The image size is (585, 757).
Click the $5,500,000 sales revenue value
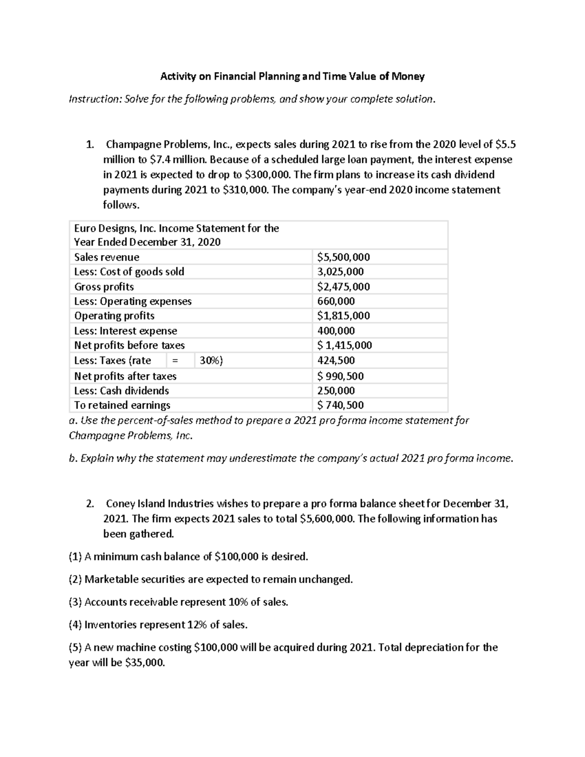343,257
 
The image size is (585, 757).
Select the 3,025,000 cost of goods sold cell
340,272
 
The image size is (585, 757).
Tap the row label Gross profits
104,287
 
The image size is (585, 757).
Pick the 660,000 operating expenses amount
336,301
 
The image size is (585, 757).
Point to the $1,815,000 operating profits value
343,315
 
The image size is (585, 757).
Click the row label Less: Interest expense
125,330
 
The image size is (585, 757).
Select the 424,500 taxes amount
336,360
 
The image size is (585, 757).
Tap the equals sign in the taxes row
175,361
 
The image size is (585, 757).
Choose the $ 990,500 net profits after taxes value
340,376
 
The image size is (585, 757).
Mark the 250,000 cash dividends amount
336,390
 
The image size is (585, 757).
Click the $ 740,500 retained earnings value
340,405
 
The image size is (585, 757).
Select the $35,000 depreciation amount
145,663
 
